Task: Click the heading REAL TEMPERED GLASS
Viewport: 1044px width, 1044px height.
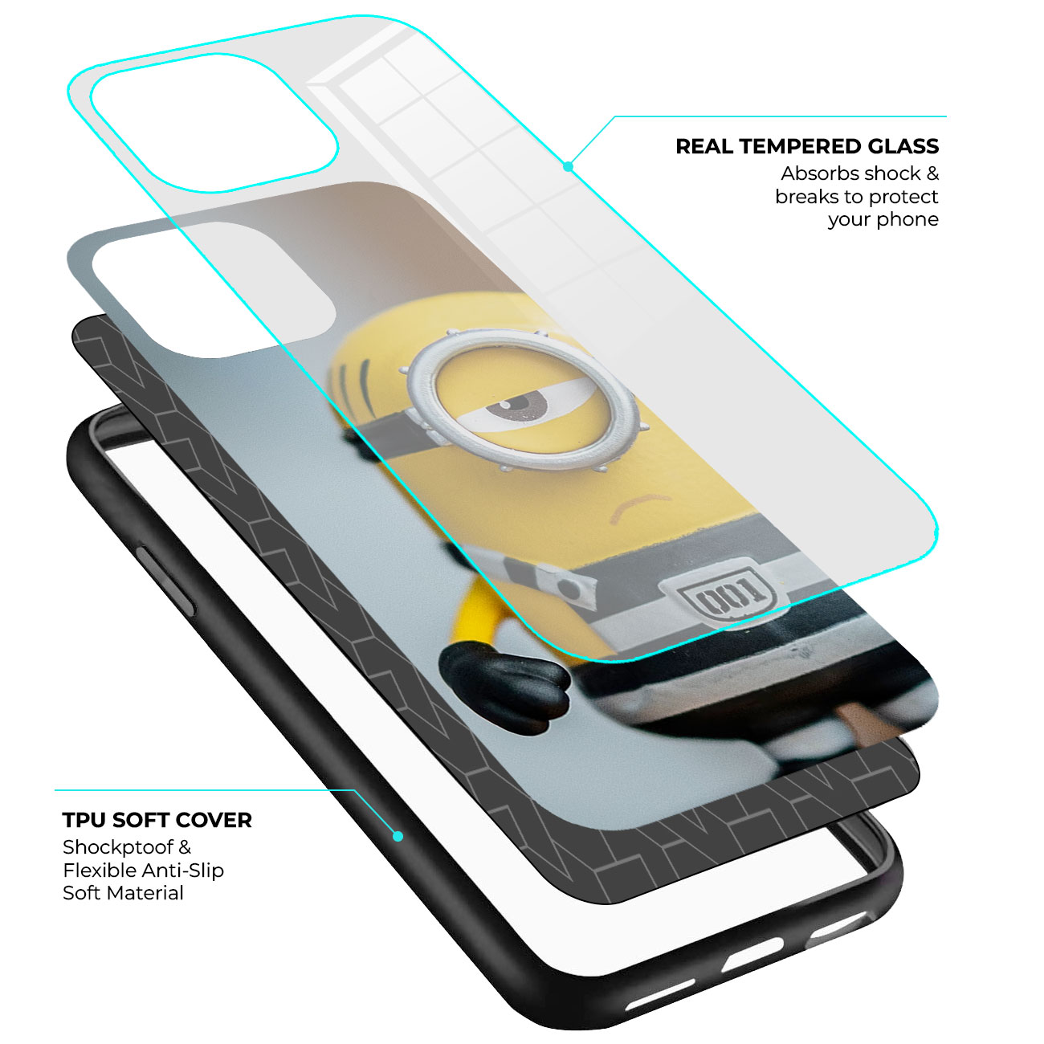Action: [807, 146]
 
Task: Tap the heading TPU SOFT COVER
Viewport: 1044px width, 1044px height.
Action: [157, 820]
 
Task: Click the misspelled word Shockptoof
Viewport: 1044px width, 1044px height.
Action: [119, 846]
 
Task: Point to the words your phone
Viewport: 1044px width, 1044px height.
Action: [883, 219]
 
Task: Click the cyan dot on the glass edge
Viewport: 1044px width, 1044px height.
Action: [568, 167]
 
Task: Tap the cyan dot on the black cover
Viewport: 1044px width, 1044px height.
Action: [398, 837]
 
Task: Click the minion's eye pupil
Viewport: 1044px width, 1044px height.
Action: [516, 404]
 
